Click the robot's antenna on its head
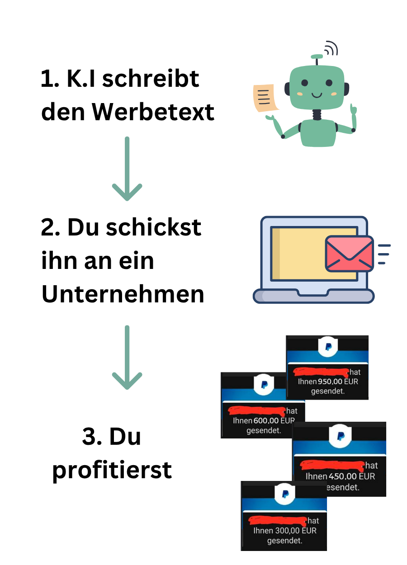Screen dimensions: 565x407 [317, 59]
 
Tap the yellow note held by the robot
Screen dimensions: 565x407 [265, 98]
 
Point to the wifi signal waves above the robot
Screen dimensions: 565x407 [332, 47]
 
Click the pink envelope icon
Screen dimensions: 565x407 [349, 254]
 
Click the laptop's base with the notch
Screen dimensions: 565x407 [313, 296]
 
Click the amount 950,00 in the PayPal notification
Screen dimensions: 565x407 [330, 381]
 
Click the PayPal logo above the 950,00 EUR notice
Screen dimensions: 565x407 [328, 346]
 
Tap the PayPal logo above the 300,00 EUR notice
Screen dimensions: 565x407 [285, 494]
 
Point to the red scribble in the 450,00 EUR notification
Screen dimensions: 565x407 [332, 465]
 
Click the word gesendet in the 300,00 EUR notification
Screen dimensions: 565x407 [284, 541]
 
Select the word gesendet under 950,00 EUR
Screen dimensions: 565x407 [328, 391]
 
